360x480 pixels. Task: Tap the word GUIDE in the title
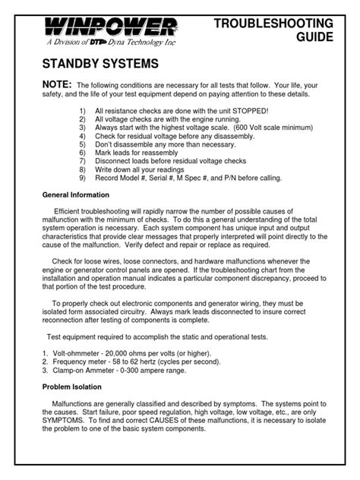click(311, 36)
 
